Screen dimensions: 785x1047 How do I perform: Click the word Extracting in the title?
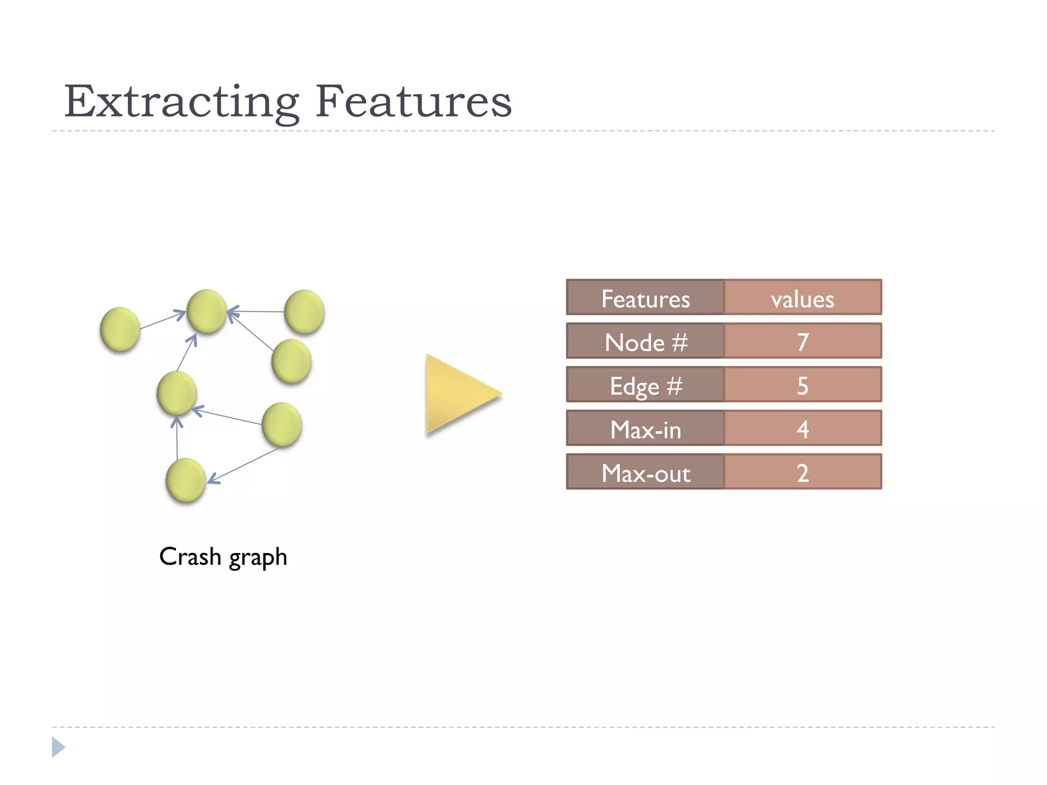[x=181, y=102]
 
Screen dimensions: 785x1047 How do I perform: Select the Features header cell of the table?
[x=645, y=298]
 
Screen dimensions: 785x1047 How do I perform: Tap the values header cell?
[x=803, y=298]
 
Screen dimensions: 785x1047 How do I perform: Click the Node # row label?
[x=645, y=342]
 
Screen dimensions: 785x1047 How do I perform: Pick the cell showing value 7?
[x=803, y=342]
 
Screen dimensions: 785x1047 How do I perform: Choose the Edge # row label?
[x=645, y=385]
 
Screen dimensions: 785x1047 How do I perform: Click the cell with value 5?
[x=803, y=385]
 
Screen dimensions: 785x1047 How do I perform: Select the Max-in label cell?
[x=645, y=429]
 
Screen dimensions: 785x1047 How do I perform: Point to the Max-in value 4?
[x=803, y=429]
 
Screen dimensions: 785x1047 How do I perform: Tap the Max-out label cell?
[x=645, y=473]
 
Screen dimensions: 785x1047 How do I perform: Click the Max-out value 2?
[x=803, y=473]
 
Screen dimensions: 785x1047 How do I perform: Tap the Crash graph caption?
[x=223, y=557]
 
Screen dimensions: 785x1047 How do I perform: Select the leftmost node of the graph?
[x=120, y=329]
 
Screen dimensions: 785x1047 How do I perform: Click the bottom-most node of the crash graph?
[x=186, y=480]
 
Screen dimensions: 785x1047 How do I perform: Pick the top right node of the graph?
[x=304, y=311]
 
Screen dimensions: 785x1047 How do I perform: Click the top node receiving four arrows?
[x=207, y=311]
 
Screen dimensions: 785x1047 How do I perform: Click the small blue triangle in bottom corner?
[x=58, y=747]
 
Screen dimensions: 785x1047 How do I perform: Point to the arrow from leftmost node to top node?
[x=163, y=320]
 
